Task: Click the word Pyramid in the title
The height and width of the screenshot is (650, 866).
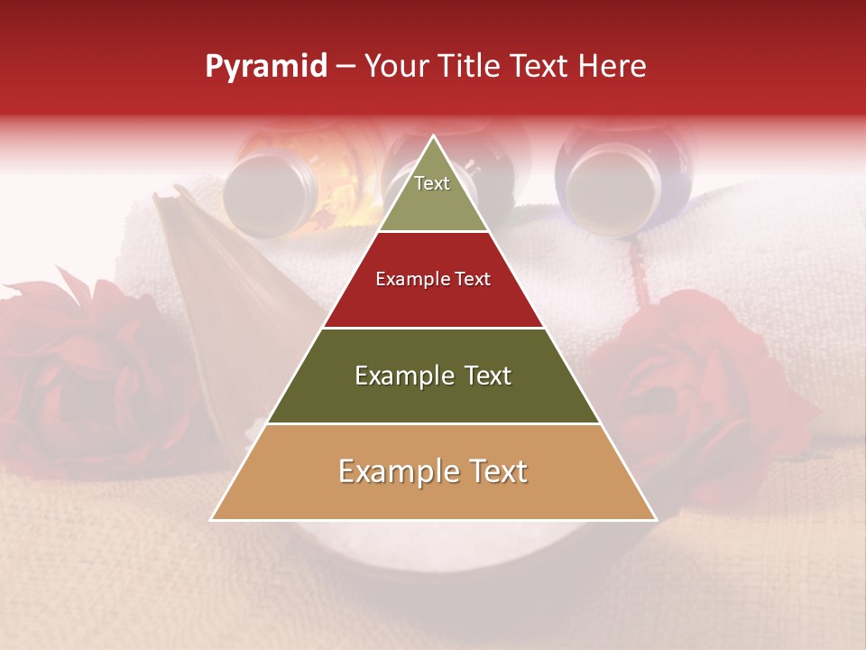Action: pos(265,67)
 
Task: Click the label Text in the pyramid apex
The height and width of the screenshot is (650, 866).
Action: pos(432,183)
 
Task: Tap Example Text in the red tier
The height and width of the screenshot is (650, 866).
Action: pos(433,279)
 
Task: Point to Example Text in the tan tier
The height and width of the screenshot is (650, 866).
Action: pos(433,471)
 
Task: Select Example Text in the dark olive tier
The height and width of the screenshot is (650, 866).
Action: pos(433,376)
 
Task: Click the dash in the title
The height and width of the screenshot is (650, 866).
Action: pos(345,67)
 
